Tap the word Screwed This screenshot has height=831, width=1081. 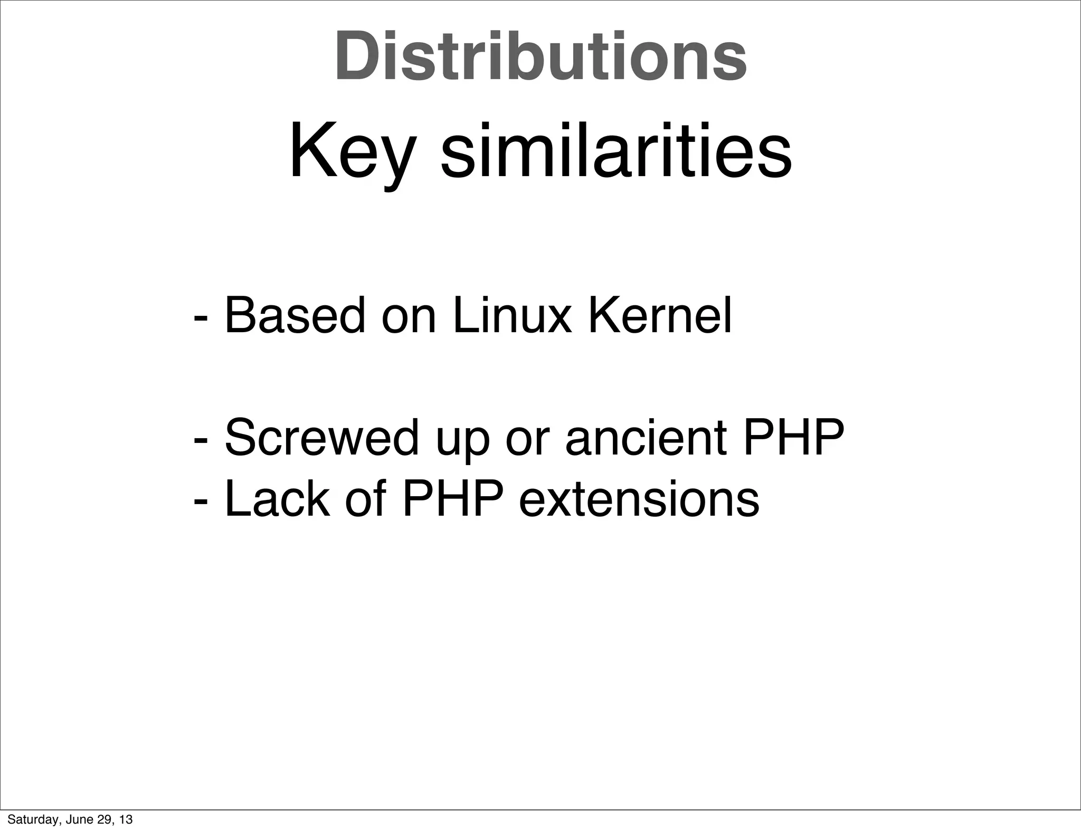tap(321, 437)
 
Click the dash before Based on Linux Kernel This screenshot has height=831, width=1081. tap(201, 318)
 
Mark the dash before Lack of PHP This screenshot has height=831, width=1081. tap(201, 500)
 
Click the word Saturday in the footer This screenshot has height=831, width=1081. tap(27, 819)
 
